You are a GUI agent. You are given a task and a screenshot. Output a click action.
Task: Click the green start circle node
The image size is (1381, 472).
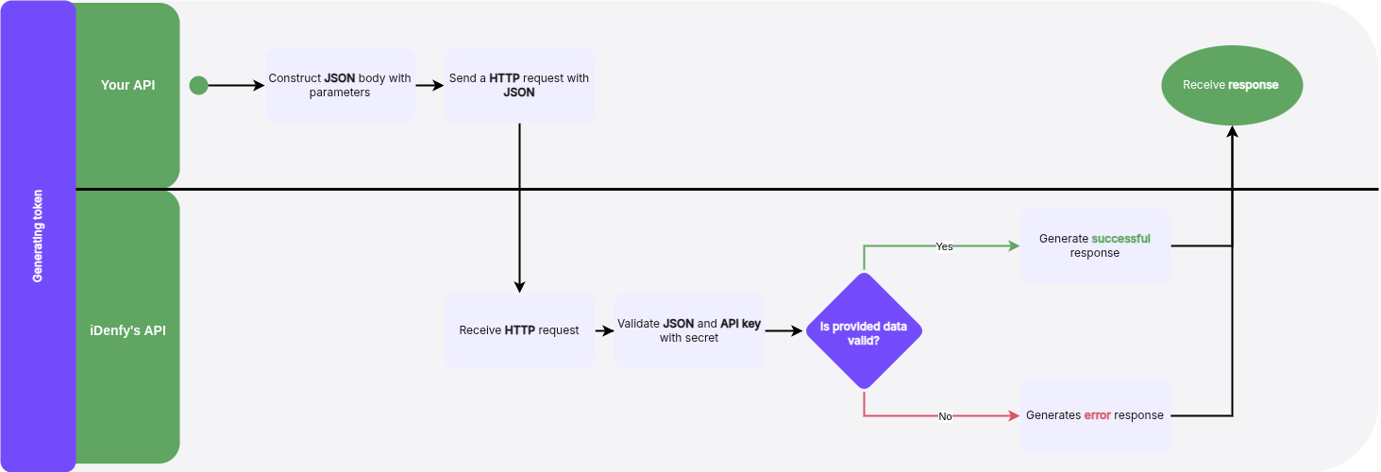(198, 86)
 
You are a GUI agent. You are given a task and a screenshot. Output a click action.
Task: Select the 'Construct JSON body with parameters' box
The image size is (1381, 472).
(340, 85)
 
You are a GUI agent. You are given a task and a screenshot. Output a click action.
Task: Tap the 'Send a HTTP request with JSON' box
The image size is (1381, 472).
(519, 85)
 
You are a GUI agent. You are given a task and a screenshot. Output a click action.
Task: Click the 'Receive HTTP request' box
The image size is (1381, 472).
(519, 330)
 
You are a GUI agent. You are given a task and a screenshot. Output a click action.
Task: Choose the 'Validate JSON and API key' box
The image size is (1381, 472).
(689, 330)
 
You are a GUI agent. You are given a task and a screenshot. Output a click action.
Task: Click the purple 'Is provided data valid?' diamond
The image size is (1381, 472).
(864, 330)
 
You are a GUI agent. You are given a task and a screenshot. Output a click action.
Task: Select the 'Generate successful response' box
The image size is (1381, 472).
(1095, 245)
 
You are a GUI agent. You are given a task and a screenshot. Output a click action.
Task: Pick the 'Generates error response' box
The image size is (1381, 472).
(1095, 415)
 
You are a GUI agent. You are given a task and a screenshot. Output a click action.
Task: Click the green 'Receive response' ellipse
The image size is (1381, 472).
(1231, 85)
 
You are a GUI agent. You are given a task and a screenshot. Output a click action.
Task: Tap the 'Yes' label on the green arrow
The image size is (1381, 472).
(944, 246)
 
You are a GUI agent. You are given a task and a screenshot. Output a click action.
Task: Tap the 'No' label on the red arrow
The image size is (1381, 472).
(945, 416)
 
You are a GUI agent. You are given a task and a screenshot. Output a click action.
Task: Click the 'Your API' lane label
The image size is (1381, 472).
(127, 85)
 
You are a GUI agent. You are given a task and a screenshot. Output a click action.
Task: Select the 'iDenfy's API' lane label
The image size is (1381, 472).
(127, 330)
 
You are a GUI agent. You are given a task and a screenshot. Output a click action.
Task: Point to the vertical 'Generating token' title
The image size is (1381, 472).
(38, 236)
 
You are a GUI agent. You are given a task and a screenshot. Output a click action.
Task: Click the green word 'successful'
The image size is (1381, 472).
(1120, 239)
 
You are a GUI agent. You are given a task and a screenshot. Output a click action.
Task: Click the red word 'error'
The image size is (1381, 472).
(1097, 415)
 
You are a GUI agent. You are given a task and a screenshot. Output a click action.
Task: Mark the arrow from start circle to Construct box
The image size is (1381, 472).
(236, 86)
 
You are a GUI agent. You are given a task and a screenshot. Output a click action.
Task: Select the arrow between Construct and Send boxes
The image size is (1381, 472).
(429, 85)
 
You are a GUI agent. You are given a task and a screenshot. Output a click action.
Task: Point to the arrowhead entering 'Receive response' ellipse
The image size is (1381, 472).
(1231, 132)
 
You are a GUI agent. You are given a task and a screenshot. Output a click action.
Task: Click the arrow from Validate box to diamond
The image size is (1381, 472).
(783, 330)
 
